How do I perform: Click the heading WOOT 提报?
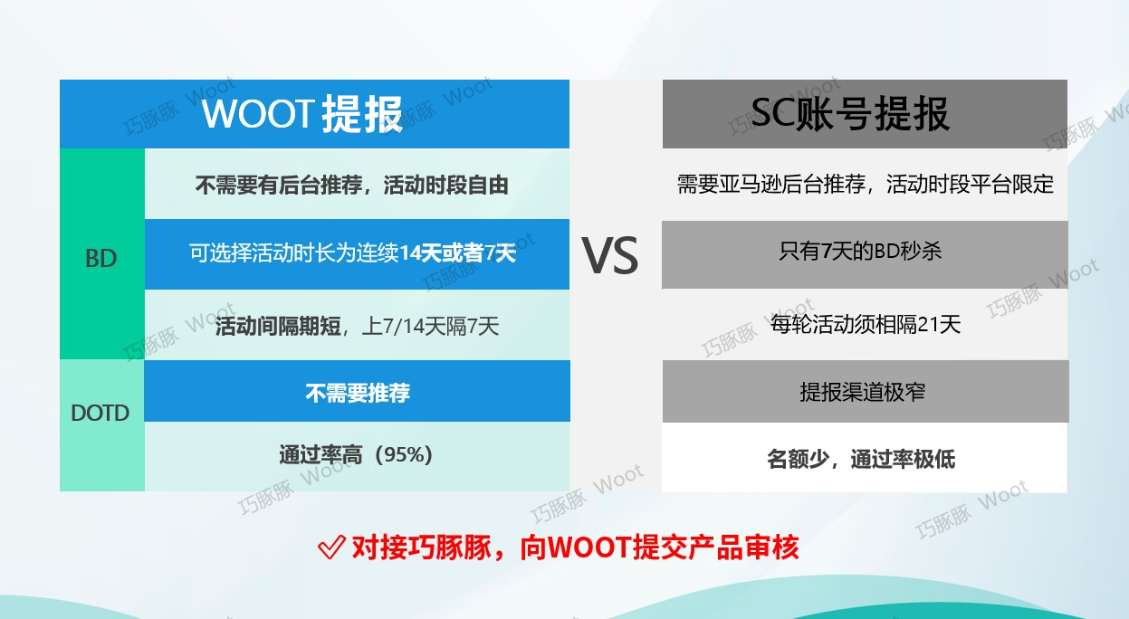point(302,115)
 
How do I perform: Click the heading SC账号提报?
point(850,115)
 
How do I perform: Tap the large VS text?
point(610,257)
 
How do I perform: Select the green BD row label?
point(101,258)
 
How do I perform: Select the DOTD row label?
point(100,414)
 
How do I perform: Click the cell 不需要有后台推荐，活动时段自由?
point(352,186)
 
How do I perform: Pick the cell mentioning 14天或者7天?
point(352,253)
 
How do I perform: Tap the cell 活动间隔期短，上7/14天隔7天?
point(357,326)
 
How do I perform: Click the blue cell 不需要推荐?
point(357,393)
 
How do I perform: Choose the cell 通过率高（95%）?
point(357,455)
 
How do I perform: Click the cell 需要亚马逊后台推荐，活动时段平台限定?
point(866,185)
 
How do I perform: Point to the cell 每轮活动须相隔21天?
point(866,324)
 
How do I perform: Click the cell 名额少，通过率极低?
point(861,459)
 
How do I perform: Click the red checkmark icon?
point(331,548)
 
